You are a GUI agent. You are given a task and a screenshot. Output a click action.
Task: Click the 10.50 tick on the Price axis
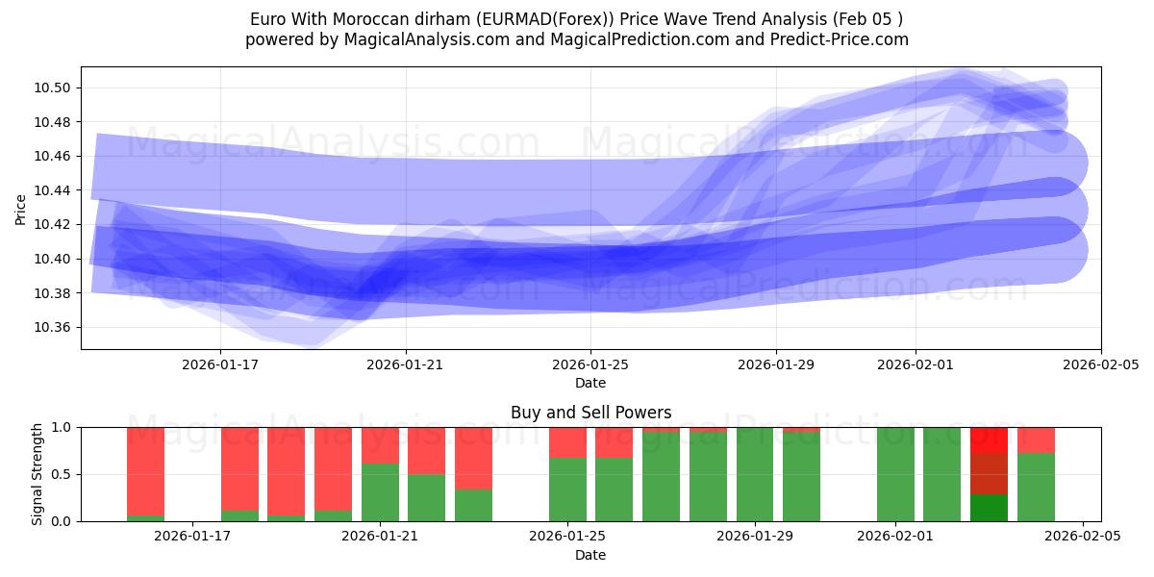(55, 88)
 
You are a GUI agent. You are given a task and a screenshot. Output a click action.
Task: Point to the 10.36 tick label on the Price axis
(55, 328)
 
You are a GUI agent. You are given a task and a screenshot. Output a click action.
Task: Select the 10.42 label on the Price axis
(55, 225)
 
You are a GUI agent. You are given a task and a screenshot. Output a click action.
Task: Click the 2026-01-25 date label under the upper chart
(590, 364)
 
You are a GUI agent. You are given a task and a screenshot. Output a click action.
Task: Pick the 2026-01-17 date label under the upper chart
(220, 364)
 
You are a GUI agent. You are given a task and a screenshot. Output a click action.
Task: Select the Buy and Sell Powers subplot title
(590, 413)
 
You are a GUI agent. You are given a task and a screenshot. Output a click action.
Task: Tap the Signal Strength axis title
(38, 474)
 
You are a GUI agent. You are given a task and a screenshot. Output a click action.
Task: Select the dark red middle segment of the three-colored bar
(989, 474)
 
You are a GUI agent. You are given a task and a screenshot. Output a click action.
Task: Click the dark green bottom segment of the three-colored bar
(989, 508)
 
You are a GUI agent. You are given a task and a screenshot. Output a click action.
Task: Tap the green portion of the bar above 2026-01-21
(380, 492)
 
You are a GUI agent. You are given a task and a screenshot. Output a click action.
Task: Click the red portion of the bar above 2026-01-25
(567, 442)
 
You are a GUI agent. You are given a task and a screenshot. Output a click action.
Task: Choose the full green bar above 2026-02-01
(895, 474)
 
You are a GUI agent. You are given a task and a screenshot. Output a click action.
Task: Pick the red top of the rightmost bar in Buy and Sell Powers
(1036, 439)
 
